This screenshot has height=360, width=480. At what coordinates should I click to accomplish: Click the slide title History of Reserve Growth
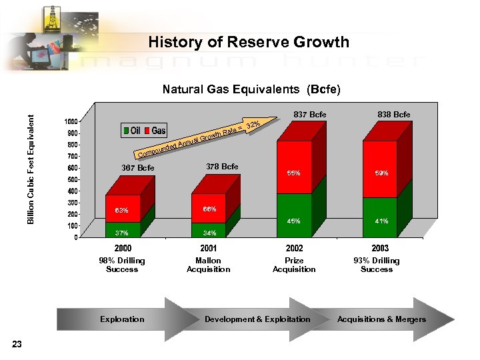249,43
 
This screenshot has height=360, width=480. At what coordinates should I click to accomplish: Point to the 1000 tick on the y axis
69,121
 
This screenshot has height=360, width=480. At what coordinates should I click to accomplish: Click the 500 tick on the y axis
71,179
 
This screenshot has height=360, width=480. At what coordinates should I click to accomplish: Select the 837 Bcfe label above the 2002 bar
310,115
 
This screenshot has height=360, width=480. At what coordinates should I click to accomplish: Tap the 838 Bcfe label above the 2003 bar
394,115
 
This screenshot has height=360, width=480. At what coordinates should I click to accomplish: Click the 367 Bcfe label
137,167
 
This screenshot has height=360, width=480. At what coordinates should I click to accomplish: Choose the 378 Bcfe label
222,166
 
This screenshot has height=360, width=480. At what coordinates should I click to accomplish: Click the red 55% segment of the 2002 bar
293,167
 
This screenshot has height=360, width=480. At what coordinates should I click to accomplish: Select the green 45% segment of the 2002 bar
293,215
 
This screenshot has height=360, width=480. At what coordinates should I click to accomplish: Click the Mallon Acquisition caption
209,265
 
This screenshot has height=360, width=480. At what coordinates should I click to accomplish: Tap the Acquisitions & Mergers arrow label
381,319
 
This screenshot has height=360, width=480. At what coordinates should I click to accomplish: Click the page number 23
17,344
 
